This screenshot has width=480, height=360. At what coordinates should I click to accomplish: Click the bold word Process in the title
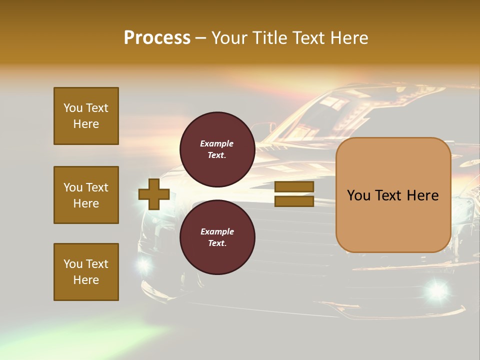[157, 38]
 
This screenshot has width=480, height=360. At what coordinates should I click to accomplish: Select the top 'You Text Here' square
[86, 116]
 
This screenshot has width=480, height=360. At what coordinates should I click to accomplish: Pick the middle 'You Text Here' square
[86, 195]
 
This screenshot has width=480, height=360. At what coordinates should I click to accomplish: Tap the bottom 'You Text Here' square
[86, 272]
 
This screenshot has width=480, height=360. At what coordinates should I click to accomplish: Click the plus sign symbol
[154, 194]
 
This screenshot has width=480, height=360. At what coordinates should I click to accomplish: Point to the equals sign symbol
[294, 194]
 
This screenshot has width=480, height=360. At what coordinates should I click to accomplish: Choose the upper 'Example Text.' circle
[217, 149]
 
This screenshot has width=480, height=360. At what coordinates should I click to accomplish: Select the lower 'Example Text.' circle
[217, 237]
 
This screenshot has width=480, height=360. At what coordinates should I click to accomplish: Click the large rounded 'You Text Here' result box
[393, 195]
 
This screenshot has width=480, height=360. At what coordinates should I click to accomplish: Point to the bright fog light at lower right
[437, 289]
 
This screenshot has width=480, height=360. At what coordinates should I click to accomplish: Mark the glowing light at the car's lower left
[144, 265]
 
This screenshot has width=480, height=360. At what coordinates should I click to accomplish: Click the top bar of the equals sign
[294, 187]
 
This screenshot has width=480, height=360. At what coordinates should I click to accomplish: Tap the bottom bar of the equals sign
[294, 201]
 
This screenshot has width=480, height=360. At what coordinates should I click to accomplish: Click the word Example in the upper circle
[217, 143]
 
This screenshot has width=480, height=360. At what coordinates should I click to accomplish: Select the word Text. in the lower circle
[217, 243]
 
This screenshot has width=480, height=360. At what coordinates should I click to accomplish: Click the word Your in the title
[229, 38]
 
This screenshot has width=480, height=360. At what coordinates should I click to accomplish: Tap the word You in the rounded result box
[358, 195]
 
